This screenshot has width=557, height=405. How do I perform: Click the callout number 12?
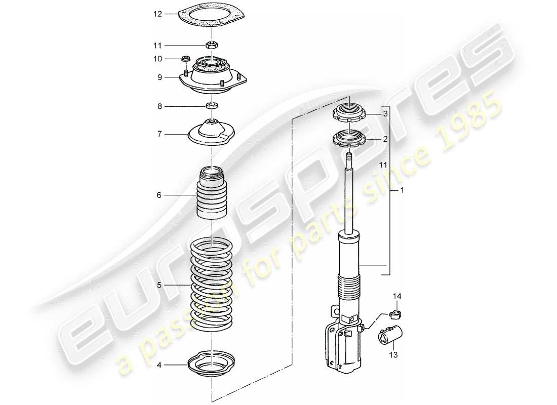[158, 14]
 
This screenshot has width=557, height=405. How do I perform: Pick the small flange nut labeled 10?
[186, 59]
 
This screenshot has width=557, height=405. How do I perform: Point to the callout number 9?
[159, 77]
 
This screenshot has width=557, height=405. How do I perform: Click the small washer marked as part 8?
[212, 106]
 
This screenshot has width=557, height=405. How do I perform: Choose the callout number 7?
[159, 134]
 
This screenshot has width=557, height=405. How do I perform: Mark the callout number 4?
[159, 364]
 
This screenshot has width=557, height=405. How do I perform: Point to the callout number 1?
[402, 190]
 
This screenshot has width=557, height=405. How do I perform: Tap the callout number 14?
[396, 295]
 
